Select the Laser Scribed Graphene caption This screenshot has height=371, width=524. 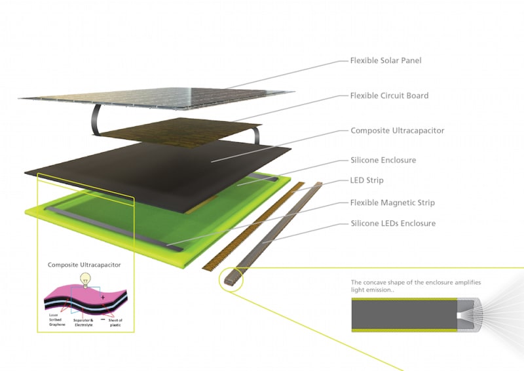click(57, 320)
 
